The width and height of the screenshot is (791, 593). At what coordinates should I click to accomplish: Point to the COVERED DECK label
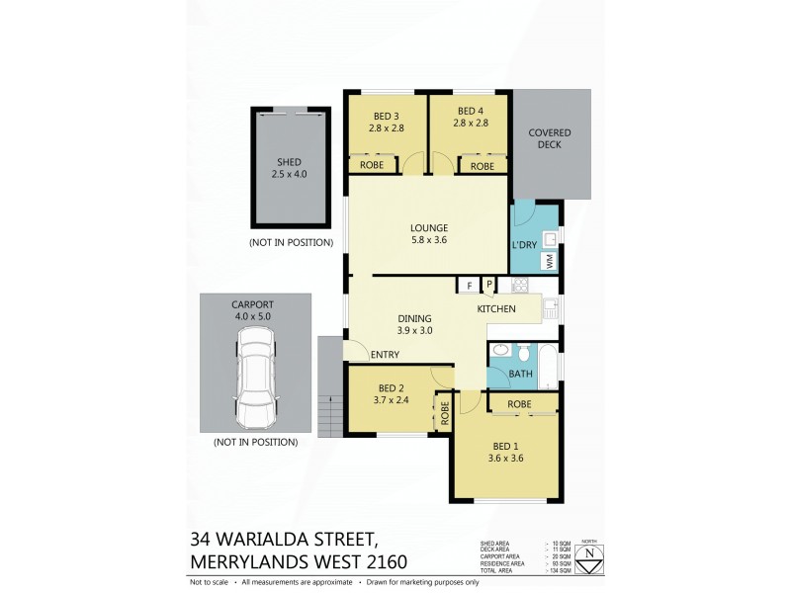pos(550,139)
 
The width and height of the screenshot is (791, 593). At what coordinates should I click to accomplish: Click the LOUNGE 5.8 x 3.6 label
pos(429,233)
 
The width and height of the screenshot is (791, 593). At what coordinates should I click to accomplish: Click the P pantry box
pos(488,286)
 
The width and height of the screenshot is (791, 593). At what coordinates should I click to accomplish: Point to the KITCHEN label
pos(497,309)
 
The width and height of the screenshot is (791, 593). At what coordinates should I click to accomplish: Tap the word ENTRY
pos(384,355)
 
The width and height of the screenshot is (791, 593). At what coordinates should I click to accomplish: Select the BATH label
pos(520,375)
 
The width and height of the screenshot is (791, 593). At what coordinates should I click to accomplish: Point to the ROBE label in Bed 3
pos(372,166)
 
